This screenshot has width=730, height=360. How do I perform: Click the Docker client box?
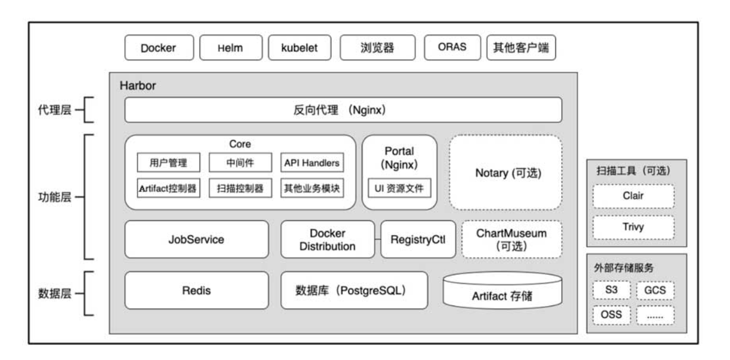(159, 47)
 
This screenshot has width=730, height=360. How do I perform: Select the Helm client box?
(231, 47)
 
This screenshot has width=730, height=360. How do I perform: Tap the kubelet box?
(299, 47)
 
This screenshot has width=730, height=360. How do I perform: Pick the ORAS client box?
(452, 47)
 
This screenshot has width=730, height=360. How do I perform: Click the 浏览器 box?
(378, 47)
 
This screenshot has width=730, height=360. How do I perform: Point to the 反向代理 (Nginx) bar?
(343, 110)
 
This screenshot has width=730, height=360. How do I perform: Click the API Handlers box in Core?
(312, 162)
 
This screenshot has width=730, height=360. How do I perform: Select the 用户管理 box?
(168, 162)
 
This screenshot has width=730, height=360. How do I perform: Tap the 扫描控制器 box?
(240, 188)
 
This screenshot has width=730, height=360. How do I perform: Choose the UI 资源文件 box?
(399, 188)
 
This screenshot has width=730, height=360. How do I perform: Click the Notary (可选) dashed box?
(505, 173)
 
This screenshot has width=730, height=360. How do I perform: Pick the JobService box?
(196, 239)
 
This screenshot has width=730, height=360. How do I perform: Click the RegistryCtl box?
(418, 239)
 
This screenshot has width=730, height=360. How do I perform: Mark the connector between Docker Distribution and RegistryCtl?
(378, 239)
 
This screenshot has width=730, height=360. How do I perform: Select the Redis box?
(196, 290)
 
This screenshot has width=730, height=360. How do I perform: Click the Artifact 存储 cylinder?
(502, 291)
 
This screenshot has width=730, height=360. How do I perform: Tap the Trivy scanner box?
(634, 227)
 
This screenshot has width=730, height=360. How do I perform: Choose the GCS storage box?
(655, 290)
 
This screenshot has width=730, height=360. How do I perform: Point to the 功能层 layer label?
(55, 197)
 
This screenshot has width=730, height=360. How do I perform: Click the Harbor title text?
(138, 85)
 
